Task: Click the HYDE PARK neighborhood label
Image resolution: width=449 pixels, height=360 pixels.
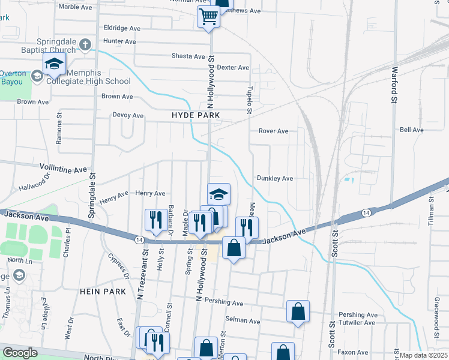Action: (x=196, y=115)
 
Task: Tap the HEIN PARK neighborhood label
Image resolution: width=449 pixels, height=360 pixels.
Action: (x=103, y=292)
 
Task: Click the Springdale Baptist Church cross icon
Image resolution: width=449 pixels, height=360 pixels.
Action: (x=85, y=44)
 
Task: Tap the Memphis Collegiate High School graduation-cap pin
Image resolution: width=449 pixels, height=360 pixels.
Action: (x=54, y=64)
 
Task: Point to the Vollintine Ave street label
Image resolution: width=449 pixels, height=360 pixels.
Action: (x=63, y=170)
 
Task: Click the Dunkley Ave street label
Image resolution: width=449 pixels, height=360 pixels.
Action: (x=274, y=178)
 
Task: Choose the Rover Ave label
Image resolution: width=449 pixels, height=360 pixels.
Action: (x=273, y=131)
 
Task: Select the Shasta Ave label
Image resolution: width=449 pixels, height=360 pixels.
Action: (x=188, y=56)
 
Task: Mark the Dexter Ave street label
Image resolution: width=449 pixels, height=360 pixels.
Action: (x=233, y=67)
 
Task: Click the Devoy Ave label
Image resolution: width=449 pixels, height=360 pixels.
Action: (x=128, y=115)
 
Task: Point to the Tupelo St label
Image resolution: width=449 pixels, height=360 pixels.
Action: (x=250, y=99)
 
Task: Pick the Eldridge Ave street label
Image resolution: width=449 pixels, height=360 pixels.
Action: (x=122, y=28)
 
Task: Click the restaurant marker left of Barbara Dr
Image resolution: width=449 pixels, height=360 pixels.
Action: (x=156, y=220)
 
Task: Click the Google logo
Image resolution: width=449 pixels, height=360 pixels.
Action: (x=20, y=353)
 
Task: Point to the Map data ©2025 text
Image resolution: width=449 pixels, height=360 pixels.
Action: (x=424, y=355)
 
